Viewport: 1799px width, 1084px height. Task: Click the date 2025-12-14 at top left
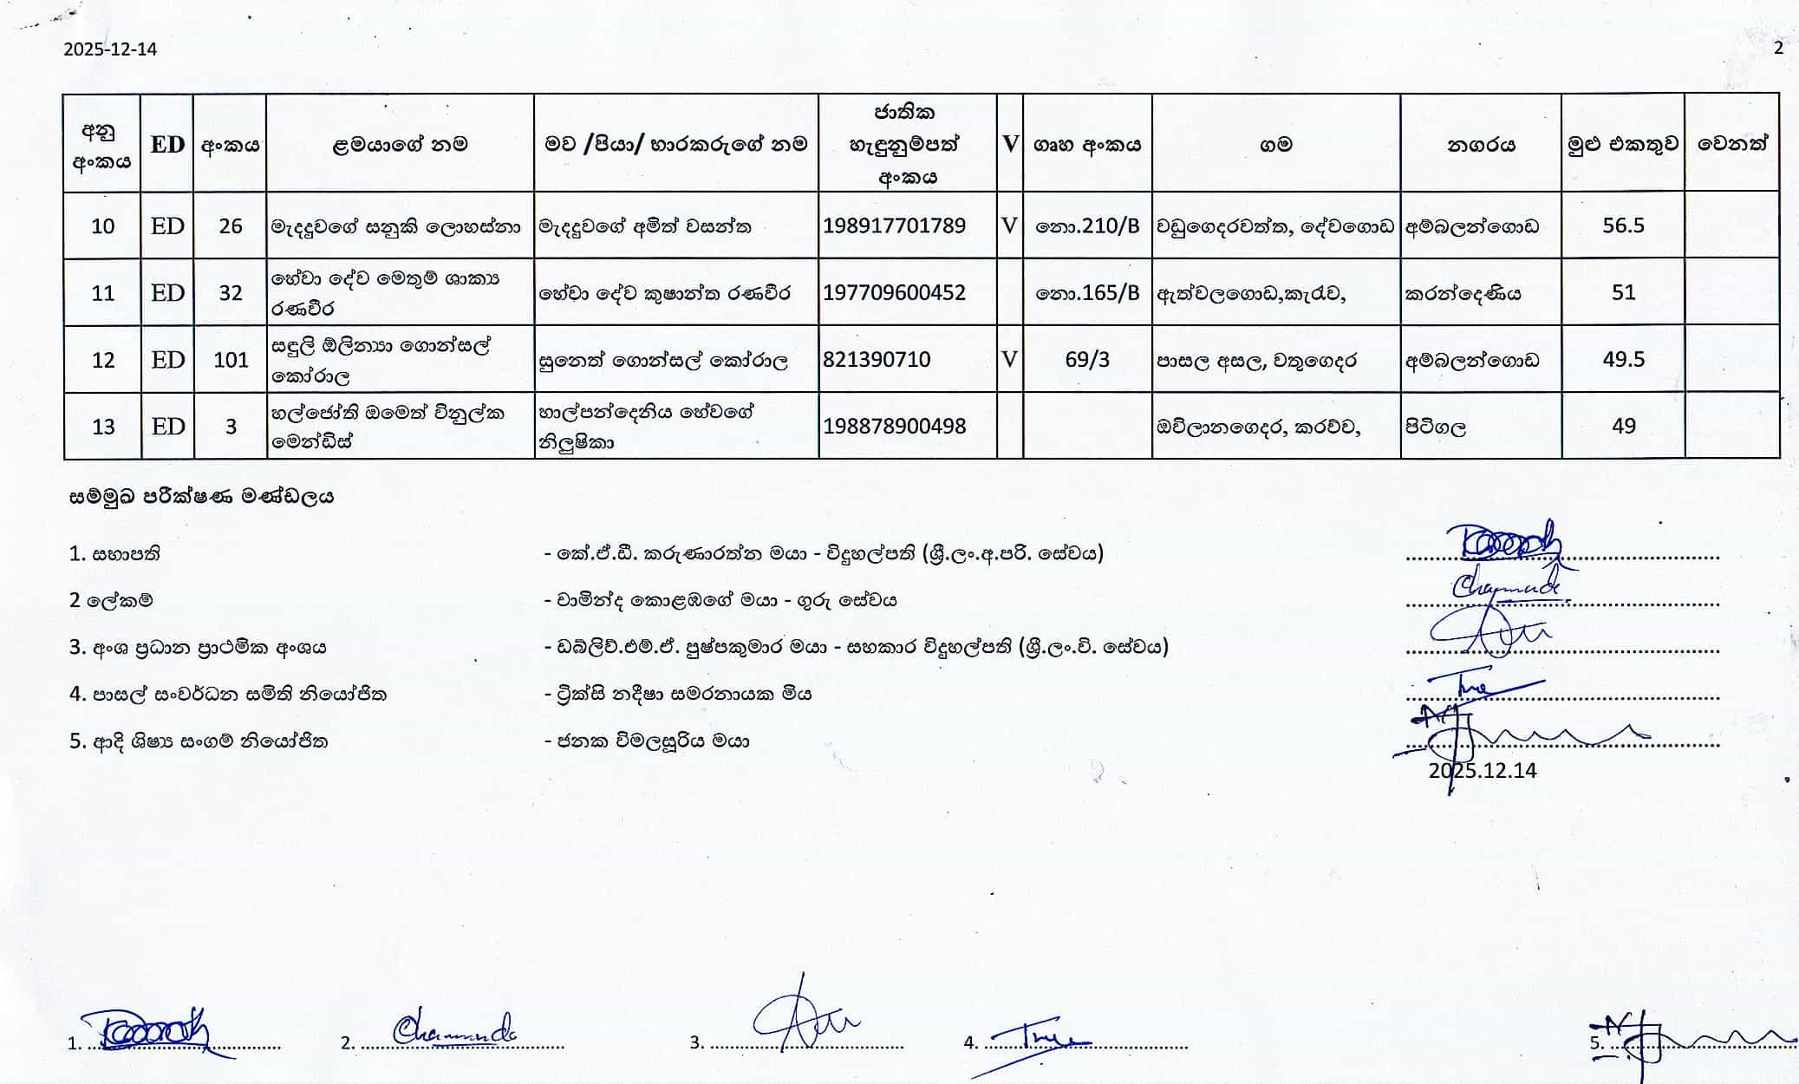[110, 49]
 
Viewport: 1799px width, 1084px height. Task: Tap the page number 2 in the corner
[1778, 49]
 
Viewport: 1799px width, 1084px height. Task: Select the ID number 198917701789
[894, 226]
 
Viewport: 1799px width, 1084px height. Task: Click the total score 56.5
[1623, 225]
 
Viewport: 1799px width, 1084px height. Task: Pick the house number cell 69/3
[1087, 360]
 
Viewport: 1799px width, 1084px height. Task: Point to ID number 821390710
[877, 360]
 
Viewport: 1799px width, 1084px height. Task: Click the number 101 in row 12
[231, 360]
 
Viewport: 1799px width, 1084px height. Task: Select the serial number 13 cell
[103, 427]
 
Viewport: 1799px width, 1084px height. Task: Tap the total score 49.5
[1623, 360]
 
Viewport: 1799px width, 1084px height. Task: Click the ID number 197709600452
[894, 293]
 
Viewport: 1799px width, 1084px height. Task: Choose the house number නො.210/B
[1087, 226]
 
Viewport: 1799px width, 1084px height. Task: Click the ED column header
[167, 144]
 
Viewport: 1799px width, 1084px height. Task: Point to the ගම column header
[1275, 145]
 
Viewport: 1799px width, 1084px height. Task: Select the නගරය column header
[1481, 145]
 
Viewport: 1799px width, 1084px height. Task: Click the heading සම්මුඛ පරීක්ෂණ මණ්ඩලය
[201, 497]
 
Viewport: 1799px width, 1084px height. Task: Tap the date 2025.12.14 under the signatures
[1483, 771]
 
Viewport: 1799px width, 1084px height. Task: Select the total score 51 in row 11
[1623, 293]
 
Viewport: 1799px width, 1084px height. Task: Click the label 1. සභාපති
[114, 554]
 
